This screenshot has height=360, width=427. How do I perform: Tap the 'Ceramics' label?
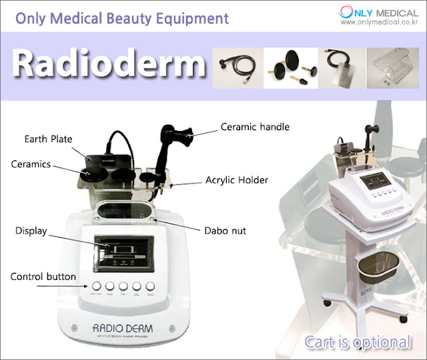(31, 164)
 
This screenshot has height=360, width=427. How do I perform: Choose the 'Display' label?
(31, 231)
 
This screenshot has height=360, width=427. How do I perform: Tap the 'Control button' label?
(43, 276)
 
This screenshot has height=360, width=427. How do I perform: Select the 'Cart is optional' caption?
(358, 343)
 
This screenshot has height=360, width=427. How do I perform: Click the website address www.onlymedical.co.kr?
(379, 22)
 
